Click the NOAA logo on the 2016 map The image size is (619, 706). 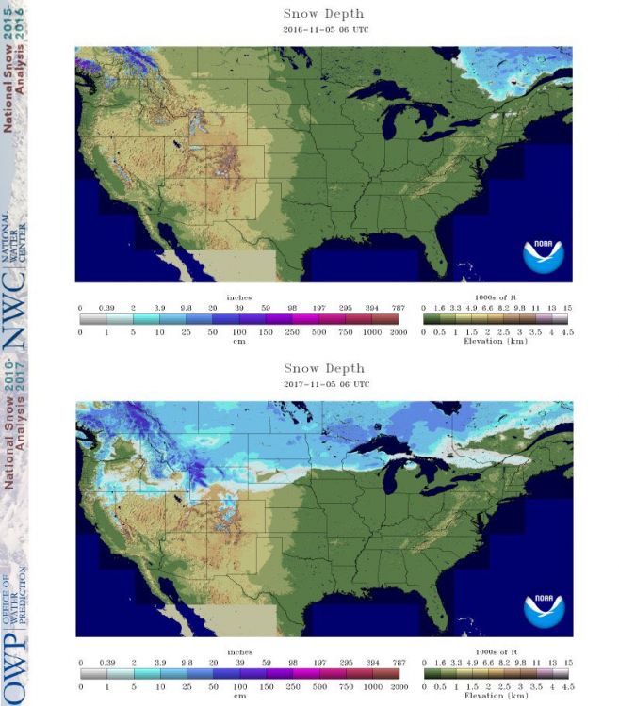click(544, 256)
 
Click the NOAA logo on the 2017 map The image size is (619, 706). click(544, 611)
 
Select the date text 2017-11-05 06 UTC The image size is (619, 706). click(323, 384)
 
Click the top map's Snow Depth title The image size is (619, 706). click(323, 14)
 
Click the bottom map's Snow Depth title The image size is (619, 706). click(323, 369)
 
